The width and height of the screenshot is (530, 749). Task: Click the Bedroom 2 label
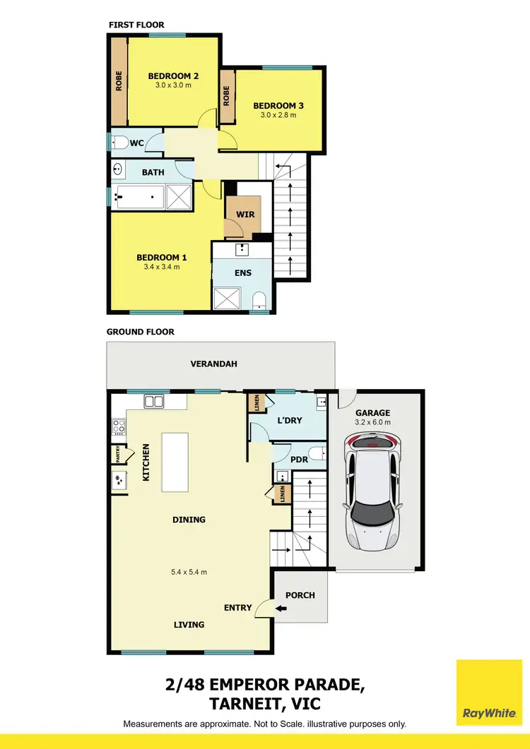pos(172,76)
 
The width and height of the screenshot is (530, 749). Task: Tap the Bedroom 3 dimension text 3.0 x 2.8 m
pos(278,115)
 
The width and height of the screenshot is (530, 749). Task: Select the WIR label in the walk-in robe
pos(246,214)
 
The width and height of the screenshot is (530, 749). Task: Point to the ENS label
pos(243,272)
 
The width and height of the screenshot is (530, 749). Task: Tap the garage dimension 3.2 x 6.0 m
pos(373,422)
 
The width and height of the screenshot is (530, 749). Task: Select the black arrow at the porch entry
pos(281,609)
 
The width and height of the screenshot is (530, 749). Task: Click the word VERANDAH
pos(213,364)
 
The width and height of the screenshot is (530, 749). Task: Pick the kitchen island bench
pos(177,462)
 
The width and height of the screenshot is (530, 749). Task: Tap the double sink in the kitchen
pos(153,401)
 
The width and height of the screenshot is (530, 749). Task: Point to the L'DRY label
pos(289,420)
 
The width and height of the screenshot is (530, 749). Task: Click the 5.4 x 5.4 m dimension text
pos(189,572)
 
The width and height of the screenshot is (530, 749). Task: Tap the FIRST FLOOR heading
pos(136,25)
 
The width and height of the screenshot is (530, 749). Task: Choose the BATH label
pos(153,172)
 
